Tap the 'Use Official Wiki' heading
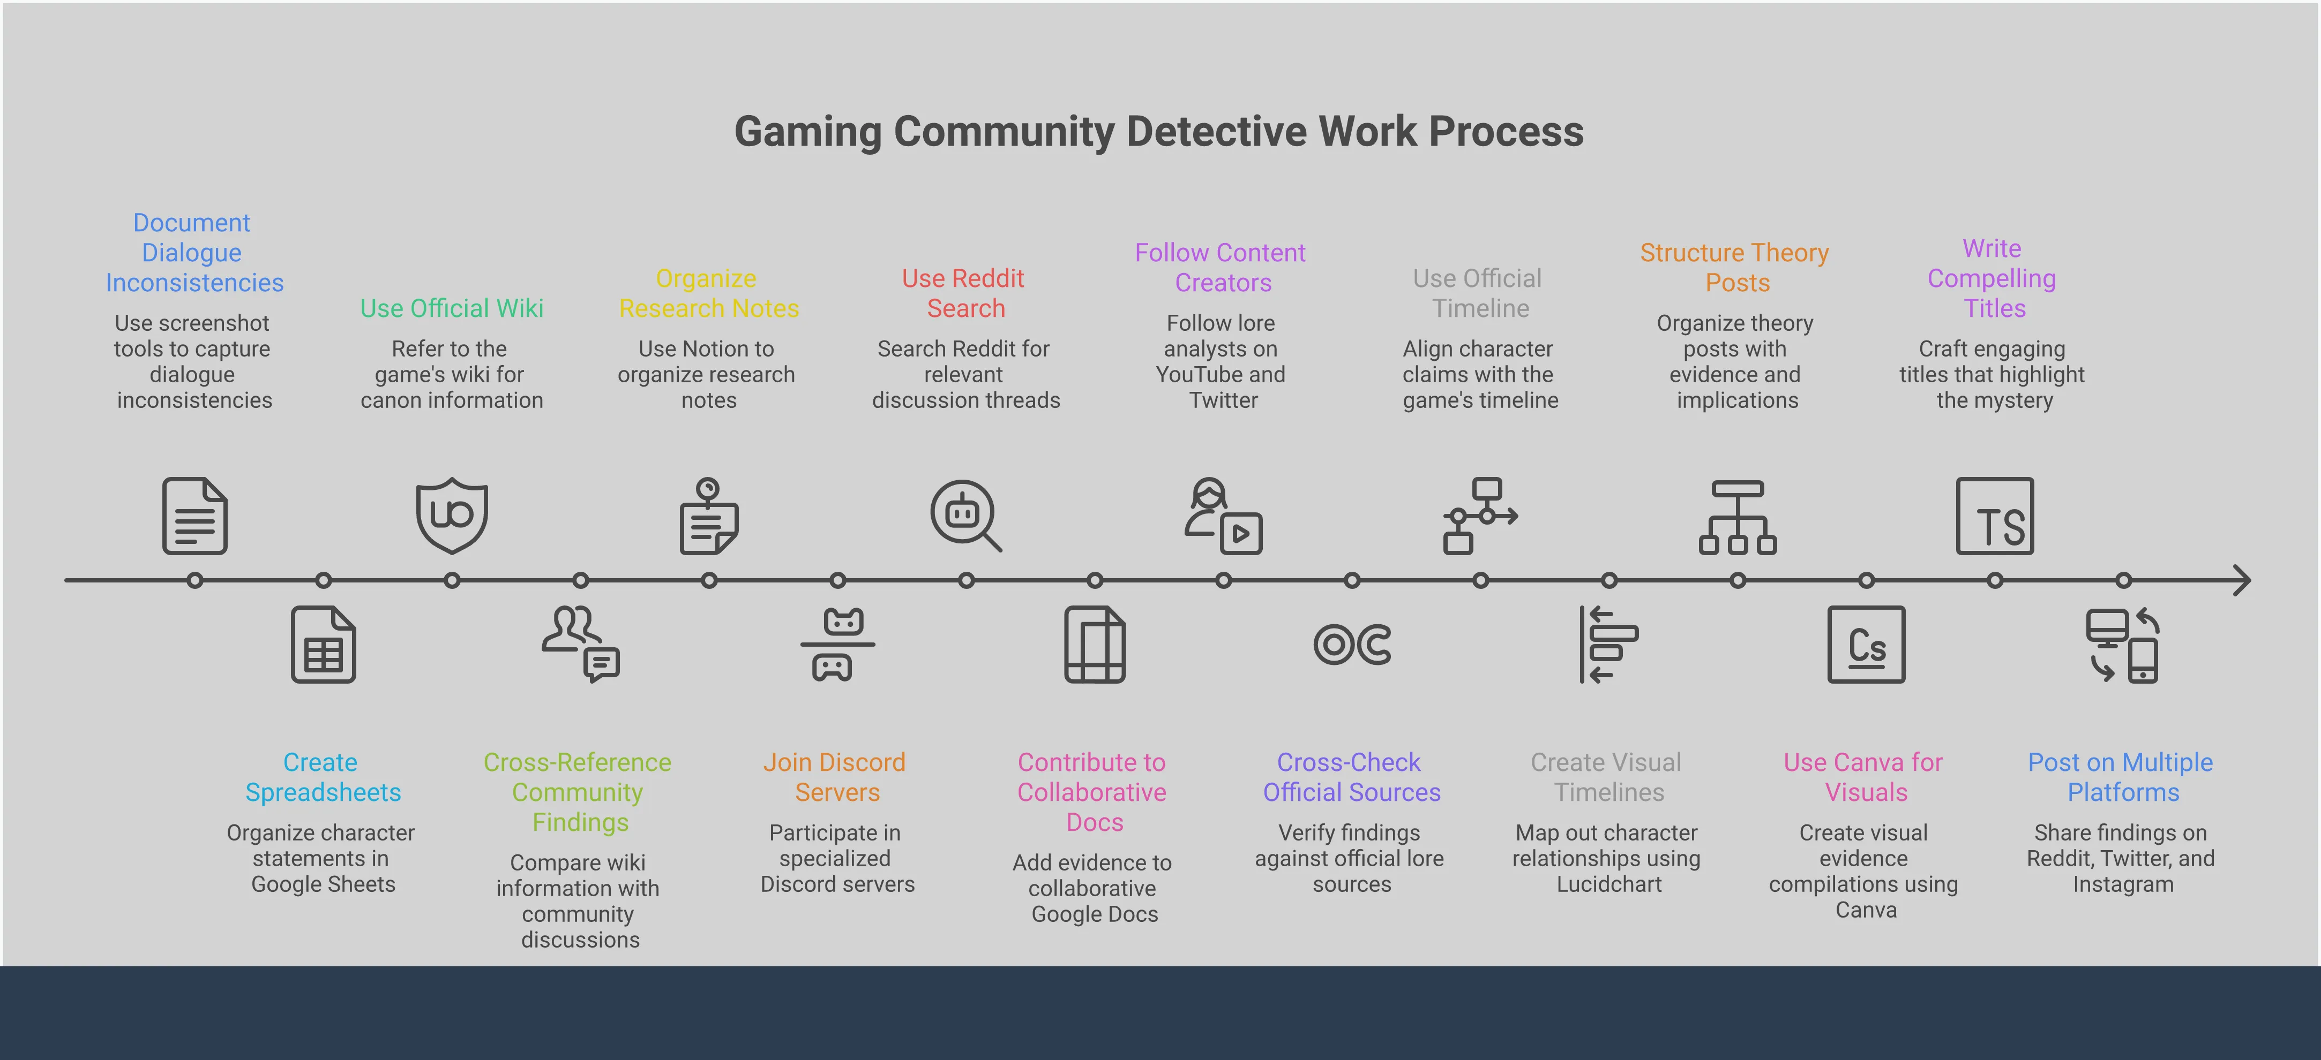452,308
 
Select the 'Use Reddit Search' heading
964,293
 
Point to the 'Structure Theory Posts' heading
1734,268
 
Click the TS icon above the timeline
1995,516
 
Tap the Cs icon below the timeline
1866,645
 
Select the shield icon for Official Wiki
452,514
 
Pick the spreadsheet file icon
323,645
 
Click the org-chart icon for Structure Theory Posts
1737,517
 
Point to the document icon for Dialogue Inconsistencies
194,516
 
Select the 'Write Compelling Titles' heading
1992,278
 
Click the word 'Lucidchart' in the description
1608,884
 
